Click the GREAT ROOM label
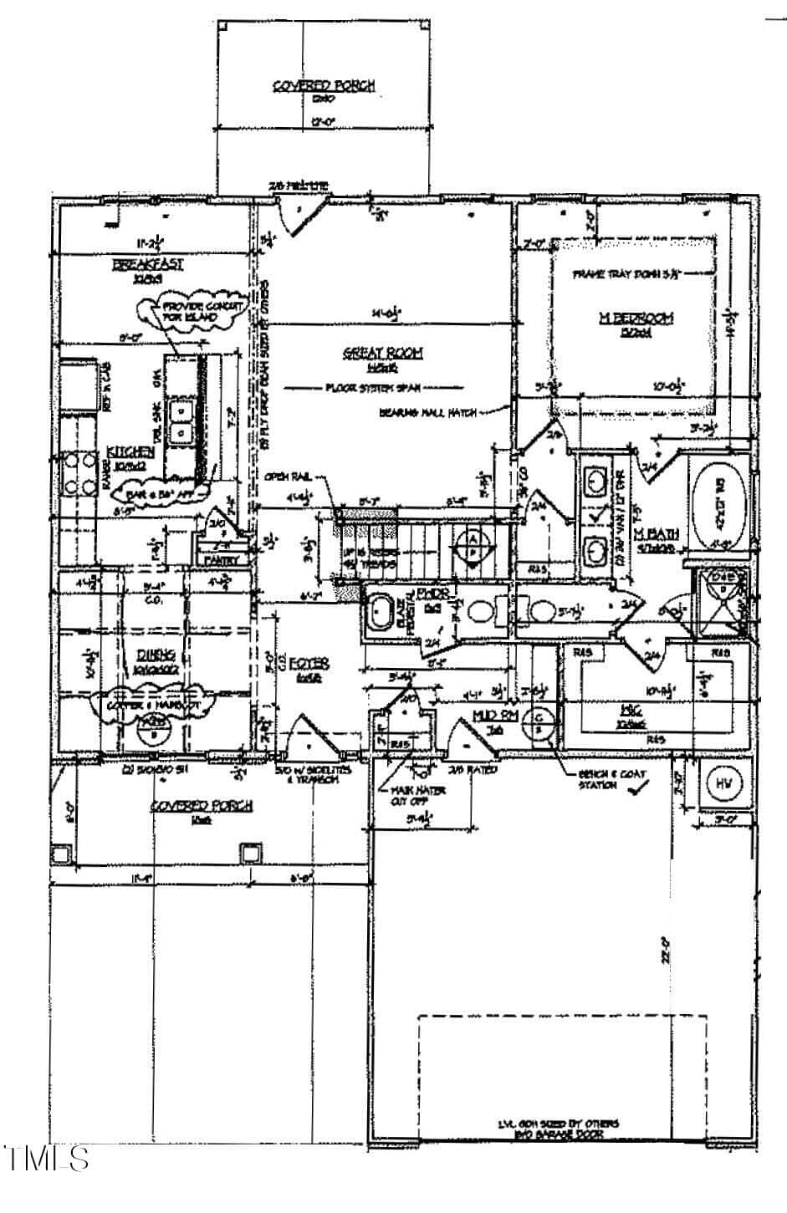click(x=382, y=354)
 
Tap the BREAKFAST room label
click(x=148, y=265)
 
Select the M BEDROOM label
click(x=636, y=318)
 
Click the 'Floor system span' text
click(x=372, y=388)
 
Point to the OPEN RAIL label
click(x=289, y=476)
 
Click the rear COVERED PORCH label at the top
click(x=324, y=85)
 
